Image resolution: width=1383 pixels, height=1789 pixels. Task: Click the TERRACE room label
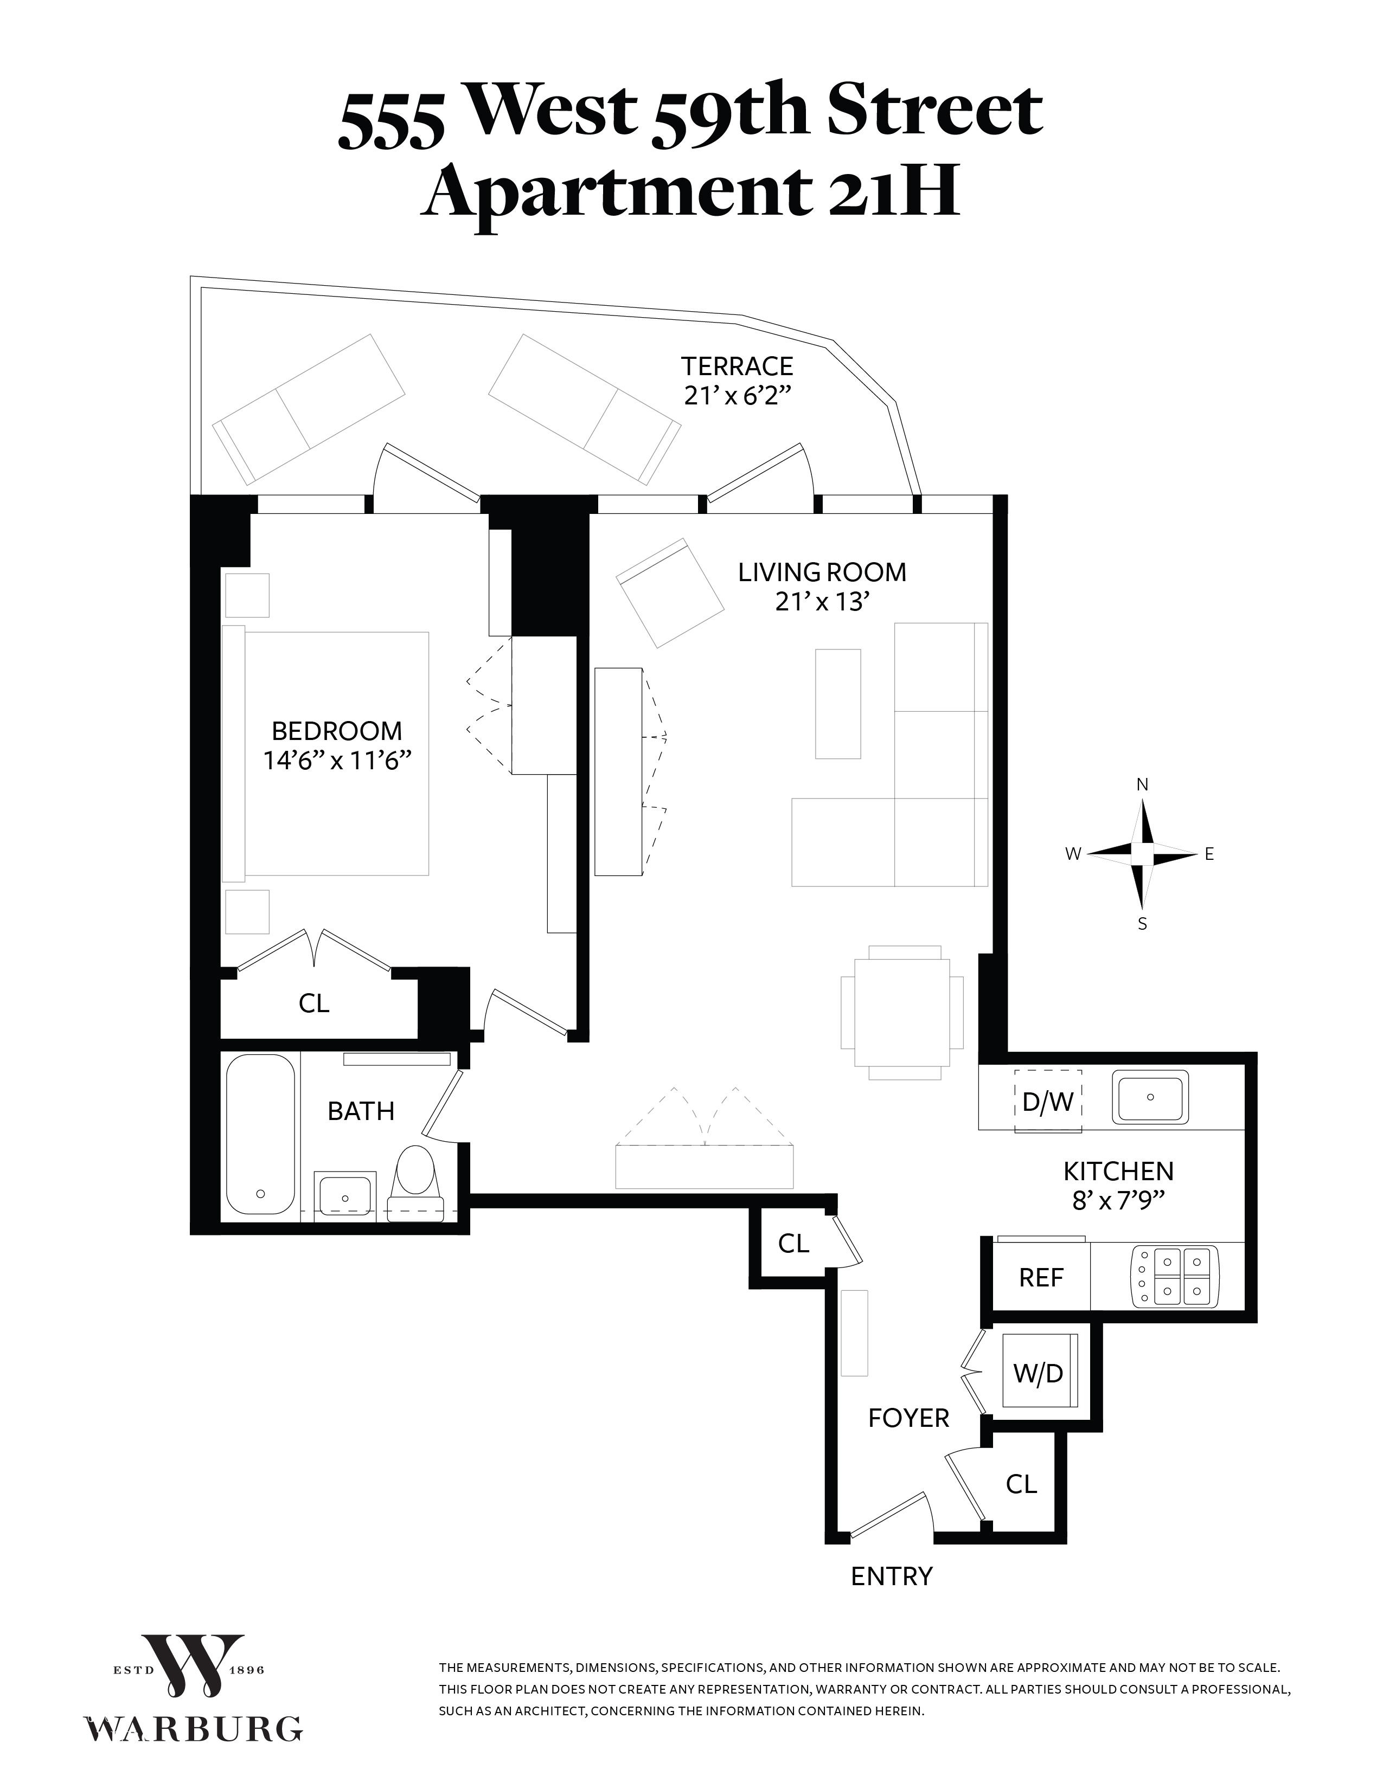pos(738,365)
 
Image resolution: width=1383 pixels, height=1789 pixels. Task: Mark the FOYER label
pos(908,1418)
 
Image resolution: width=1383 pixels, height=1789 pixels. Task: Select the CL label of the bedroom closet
pos(314,1003)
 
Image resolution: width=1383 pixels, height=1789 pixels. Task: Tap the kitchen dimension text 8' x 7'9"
pos(1118,1200)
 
